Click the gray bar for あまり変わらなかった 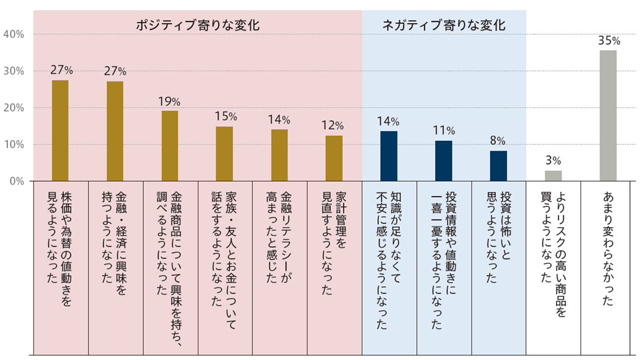(608, 116)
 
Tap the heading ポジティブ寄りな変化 (198, 26)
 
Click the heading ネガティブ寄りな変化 (444, 26)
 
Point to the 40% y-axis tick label (13, 34)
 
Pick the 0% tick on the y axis (16, 181)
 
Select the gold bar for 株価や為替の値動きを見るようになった (60, 130)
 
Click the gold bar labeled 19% (170, 146)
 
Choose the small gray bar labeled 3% (553, 176)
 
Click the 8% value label (498, 141)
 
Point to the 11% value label (444, 130)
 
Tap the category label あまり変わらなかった (608, 248)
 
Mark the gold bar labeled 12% (334, 158)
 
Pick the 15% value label (225, 116)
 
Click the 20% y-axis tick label (13, 108)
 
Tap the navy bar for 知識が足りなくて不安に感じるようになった (389, 156)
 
